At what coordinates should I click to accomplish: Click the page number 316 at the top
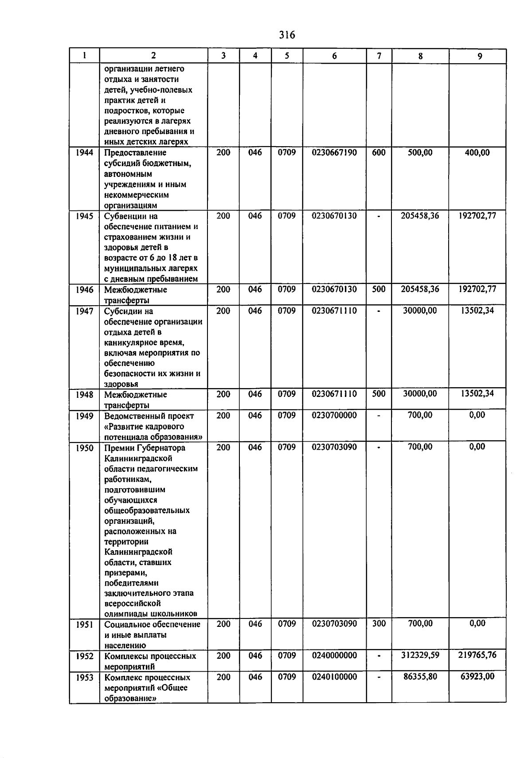pos(287,35)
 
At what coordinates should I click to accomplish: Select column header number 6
pos(334,56)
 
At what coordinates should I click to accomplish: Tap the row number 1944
pos(84,153)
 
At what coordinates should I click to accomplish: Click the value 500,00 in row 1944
pos(420,153)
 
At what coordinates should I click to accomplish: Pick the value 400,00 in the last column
pos(477,153)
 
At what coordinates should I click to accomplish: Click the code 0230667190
pos(334,153)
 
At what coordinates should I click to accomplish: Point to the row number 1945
pos(84,216)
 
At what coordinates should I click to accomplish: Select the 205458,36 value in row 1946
pos(420,289)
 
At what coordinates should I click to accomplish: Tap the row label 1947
pos(84,311)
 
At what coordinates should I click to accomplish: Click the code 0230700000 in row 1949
pos(334,416)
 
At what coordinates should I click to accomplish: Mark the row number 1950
pos(84,448)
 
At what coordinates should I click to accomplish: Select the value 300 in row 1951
pos(379,624)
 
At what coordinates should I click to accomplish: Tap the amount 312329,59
pos(420,655)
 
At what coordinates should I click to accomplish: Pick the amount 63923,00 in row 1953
pos(477,676)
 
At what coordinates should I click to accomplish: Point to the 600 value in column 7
pos(379,153)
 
